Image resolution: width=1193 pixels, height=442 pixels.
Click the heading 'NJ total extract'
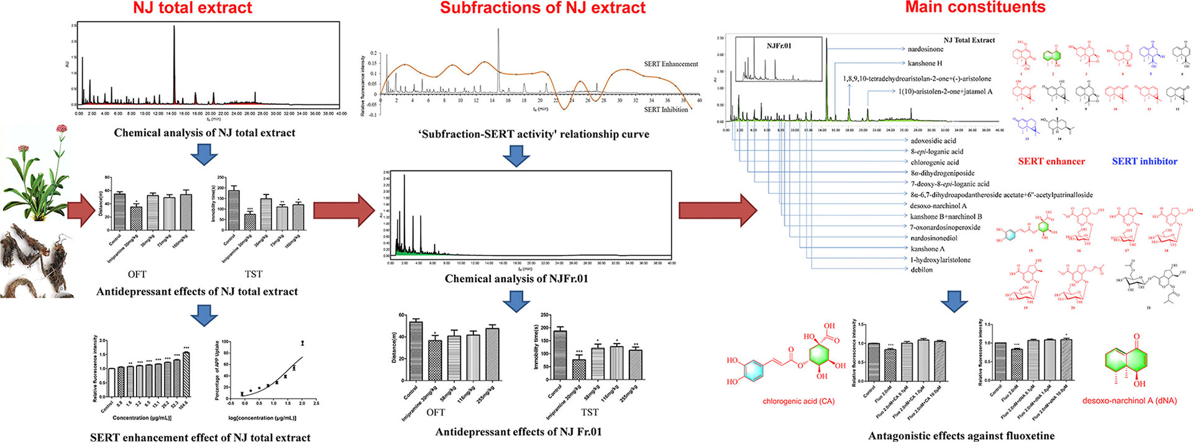pyautogui.click(x=193, y=9)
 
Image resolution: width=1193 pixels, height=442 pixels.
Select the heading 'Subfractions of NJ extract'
pyautogui.click(x=542, y=9)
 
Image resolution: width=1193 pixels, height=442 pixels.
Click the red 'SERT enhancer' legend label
pyautogui.click(x=1051, y=162)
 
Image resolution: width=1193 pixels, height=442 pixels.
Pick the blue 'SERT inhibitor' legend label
pyautogui.click(x=1145, y=162)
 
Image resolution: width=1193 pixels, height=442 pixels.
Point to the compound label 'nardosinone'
pyautogui.click(x=925, y=49)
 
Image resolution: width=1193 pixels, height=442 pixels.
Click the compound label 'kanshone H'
pyautogui.click(x=925, y=63)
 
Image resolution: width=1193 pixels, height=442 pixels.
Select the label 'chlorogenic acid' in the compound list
pyautogui.click(x=935, y=162)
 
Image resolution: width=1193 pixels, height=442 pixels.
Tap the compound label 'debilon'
pyautogui.click(x=921, y=270)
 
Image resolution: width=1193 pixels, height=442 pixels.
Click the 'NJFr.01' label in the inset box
pyautogui.click(x=779, y=46)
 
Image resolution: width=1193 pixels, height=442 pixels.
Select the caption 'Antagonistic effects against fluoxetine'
pyautogui.click(x=961, y=436)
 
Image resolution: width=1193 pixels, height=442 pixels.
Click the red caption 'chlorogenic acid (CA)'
pyautogui.click(x=798, y=402)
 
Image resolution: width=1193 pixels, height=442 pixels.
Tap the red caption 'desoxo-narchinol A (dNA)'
pyautogui.click(x=1130, y=401)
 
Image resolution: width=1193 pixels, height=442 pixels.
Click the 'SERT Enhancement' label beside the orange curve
pyautogui.click(x=670, y=64)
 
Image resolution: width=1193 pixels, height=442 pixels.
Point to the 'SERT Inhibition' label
pyautogui.click(x=665, y=109)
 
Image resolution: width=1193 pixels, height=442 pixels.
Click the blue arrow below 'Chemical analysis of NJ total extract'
pyautogui.click(x=204, y=154)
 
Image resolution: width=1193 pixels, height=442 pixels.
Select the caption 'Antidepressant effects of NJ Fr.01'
pyautogui.click(x=518, y=432)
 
